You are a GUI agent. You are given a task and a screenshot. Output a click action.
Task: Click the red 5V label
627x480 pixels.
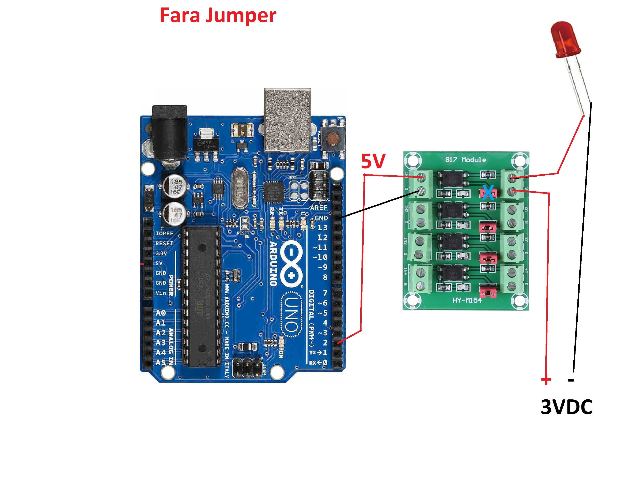click(373, 161)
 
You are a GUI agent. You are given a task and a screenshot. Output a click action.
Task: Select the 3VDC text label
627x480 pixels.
click(566, 407)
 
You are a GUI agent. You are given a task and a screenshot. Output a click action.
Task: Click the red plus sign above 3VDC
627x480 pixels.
click(546, 380)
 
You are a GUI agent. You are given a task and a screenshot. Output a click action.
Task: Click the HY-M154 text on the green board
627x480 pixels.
click(467, 300)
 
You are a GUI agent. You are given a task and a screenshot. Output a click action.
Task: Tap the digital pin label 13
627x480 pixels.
click(323, 228)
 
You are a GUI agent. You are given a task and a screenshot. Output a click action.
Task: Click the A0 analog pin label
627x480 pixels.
click(161, 313)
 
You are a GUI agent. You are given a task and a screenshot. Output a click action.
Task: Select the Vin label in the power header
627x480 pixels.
click(161, 293)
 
